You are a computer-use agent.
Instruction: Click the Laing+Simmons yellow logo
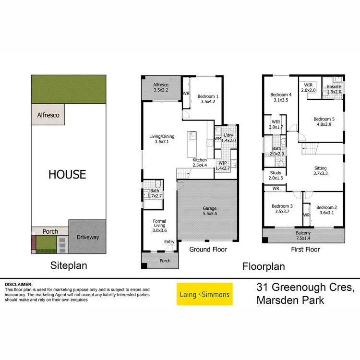(x=204, y=294)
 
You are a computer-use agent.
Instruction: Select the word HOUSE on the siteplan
(x=67, y=174)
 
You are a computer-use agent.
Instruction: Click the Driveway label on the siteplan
(x=87, y=237)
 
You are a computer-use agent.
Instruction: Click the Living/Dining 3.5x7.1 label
(x=162, y=139)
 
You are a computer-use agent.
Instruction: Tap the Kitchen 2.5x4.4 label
(x=200, y=163)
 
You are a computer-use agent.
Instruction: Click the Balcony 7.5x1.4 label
(x=303, y=235)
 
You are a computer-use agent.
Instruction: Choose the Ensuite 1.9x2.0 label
(x=334, y=89)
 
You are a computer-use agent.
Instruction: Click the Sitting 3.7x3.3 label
(x=320, y=171)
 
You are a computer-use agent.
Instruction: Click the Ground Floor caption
(x=208, y=250)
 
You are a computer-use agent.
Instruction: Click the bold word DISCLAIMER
(x=18, y=285)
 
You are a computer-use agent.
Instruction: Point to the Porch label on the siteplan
(x=50, y=231)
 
